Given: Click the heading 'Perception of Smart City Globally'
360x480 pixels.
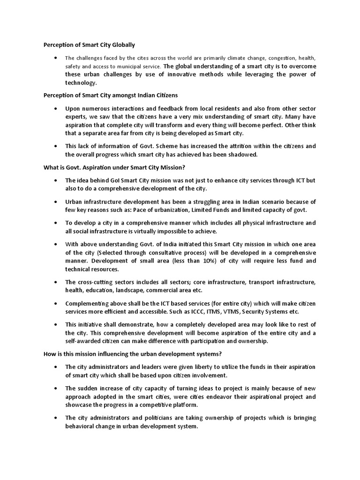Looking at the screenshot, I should coord(89,45).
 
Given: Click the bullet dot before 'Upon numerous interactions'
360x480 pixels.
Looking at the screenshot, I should coord(56,108).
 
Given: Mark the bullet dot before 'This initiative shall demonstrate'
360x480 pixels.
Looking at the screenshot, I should coord(56,324).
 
